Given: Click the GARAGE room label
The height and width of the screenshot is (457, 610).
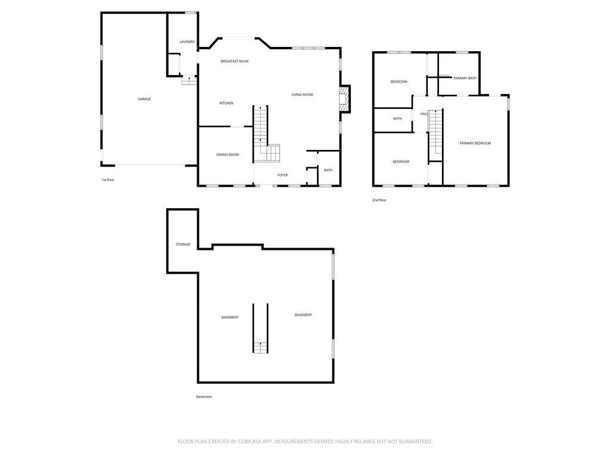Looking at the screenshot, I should (144, 99).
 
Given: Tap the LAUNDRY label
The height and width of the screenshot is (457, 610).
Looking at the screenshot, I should (187, 42).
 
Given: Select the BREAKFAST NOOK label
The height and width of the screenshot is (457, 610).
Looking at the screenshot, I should (235, 61).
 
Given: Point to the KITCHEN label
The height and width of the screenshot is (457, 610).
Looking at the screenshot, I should (226, 104).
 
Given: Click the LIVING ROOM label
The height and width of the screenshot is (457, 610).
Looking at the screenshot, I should (302, 95).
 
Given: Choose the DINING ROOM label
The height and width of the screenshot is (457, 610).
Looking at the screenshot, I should (228, 155).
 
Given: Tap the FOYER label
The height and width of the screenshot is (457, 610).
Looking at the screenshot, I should (282, 175).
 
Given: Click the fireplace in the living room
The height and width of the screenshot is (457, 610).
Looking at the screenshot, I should (344, 99).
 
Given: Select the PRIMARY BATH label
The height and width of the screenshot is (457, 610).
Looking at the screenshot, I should (465, 79).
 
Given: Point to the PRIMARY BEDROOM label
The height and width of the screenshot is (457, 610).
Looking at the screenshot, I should (475, 143).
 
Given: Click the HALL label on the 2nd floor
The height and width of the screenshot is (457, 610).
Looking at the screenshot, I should (424, 114).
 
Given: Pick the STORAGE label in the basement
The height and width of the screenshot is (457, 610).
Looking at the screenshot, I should (183, 245).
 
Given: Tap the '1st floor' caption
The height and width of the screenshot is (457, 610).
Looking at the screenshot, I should (108, 180).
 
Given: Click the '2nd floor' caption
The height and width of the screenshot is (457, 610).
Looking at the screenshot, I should (379, 200).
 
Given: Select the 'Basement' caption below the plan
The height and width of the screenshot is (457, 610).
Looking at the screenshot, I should (204, 397).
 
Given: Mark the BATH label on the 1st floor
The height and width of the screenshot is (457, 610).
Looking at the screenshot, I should (328, 171).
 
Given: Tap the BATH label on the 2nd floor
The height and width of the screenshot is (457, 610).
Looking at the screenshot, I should (397, 118).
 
